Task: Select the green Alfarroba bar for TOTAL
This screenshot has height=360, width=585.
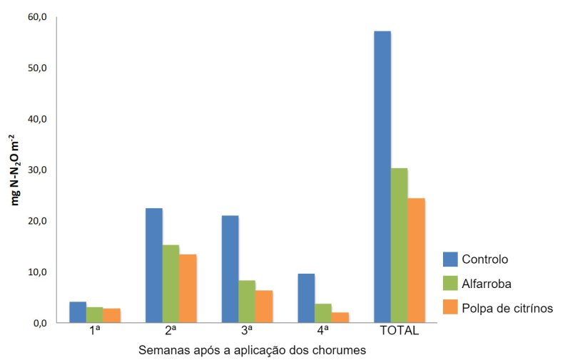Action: click(x=399, y=245)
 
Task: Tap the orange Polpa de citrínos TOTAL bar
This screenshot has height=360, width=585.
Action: click(x=416, y=260)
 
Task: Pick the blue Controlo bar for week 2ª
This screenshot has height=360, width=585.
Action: click(x=154, y=265)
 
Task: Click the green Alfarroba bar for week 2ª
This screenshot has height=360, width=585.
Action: click(x=171, y=284)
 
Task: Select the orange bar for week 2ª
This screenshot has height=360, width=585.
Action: click(x=188, y=288)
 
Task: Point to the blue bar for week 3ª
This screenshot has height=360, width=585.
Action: click(x=230, y=269)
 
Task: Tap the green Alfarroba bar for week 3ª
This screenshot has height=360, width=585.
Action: click(x=247, y=302)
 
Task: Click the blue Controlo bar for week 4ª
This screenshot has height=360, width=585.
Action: click(x=306, y=298)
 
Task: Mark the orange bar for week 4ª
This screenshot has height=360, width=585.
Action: click(x=340, y=317)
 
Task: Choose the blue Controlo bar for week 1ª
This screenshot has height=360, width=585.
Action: click(x=78, y=312)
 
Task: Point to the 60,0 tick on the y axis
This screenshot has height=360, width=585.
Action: click(x=36, y=17)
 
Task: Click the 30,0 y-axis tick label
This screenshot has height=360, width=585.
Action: click(x=36, y=170)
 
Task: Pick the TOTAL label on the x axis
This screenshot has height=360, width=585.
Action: click(x=399, y=331)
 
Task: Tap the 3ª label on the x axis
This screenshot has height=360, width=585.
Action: click(x=247, y=331)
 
